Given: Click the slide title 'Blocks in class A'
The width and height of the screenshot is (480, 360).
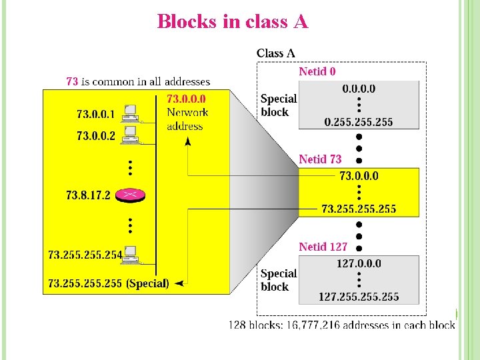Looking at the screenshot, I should click(x=233, y=22).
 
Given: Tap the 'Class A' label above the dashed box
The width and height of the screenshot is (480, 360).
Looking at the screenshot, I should click(x=275, y=53).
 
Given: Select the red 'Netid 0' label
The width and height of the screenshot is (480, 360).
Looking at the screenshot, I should click(x=317, y=71).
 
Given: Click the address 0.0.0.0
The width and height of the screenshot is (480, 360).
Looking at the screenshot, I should click(x=359, y=89).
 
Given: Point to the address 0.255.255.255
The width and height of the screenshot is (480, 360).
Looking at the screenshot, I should click(x=359, y=121).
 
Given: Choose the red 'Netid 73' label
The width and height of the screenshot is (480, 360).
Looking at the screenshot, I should click(x=320, y=159).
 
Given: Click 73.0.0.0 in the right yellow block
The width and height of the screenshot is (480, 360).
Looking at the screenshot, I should click(x=359, y=176).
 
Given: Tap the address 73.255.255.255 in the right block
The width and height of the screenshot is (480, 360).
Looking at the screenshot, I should click(x=359, y=209).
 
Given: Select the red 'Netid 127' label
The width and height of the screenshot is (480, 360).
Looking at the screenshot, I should click(x=323, y=247).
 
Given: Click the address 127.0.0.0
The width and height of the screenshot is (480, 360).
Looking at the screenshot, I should click(x=359, y=263).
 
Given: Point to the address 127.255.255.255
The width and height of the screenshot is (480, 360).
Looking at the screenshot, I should click(x=359, y=296).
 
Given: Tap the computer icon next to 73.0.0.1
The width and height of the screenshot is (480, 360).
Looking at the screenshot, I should click(x=131, y=112).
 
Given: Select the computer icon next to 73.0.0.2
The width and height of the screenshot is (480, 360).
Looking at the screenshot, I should click(x=131, y=134).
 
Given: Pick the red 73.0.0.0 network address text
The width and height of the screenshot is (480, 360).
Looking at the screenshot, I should click(x=186, y=99).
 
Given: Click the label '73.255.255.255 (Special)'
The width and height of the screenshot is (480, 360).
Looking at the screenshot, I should click(x=109, y=283).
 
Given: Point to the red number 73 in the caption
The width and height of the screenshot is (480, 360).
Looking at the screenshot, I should click(x=72, y=81).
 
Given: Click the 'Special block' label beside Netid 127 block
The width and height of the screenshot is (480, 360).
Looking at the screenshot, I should click(x=278, y=280).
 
